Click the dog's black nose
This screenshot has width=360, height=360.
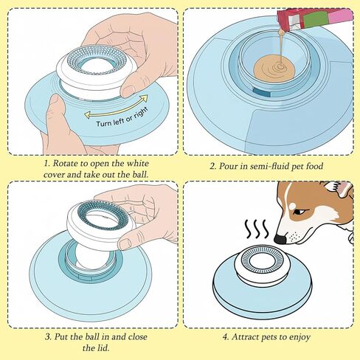(x=280, y=238)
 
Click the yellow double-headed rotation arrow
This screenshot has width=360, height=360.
(x=116, y=106)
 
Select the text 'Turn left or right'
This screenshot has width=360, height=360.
(x=122, y=118)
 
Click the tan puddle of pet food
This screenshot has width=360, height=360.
(x=274, y=68)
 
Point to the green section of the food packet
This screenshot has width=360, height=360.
(x=315, y=19)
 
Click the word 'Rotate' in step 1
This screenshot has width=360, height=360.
(x=65, y=163)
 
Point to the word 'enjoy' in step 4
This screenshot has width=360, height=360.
(x=300, y=337)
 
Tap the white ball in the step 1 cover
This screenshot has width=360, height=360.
(x=96, y=68)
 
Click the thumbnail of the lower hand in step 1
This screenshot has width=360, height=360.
(x=55, y=100)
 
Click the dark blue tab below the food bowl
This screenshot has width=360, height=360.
(x=262, y=93)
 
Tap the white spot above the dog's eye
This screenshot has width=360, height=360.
(x=292, y=206)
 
